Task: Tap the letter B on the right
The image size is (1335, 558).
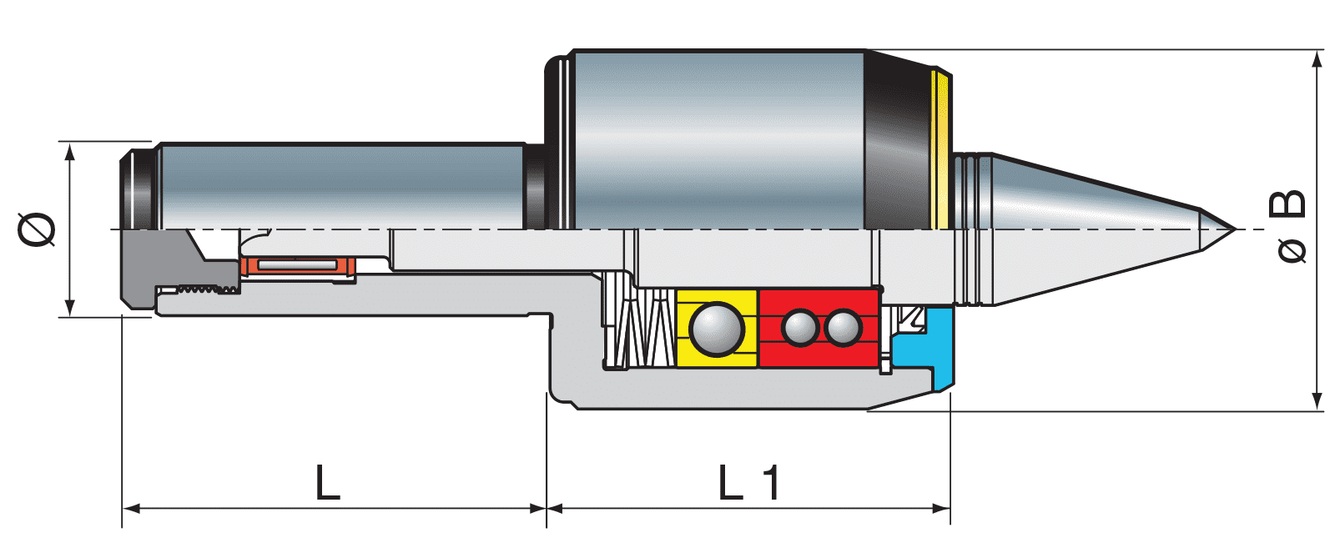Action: (1287, 204)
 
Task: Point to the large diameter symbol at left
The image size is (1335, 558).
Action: (37, 229)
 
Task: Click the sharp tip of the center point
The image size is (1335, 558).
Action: (1236, 229)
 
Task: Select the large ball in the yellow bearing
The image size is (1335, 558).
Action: (717, 329)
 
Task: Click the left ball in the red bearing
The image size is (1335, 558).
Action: (799, 328)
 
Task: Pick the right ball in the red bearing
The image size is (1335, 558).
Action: (843, 328)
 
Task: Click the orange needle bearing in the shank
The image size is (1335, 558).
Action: (298, 266)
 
